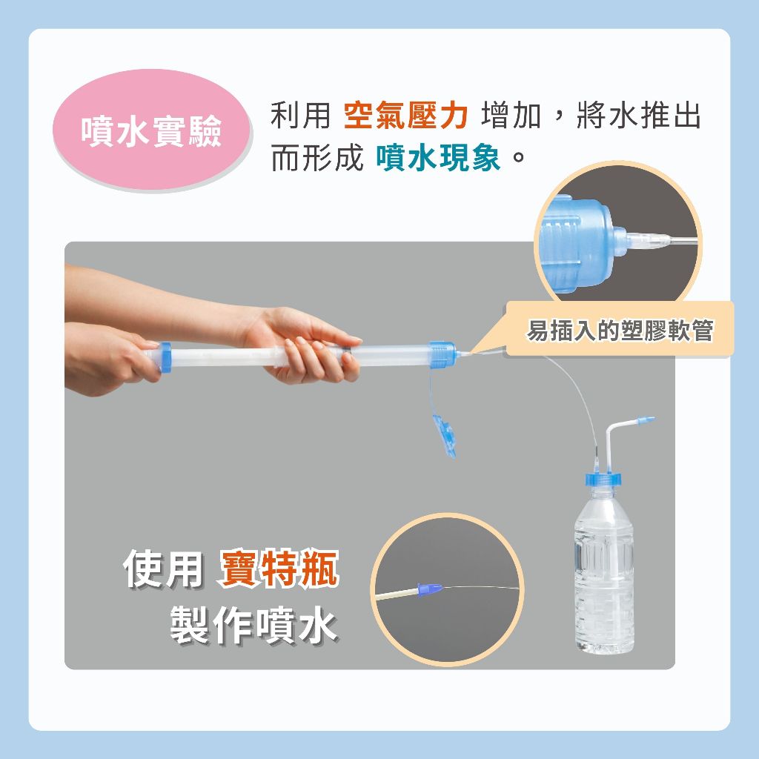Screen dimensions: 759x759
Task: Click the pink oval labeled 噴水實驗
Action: pos(152,130)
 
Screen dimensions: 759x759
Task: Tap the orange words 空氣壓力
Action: pos(405,116)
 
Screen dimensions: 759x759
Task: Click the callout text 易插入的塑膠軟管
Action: pos(620,331)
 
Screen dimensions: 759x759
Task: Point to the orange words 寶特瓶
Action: pos(279,569)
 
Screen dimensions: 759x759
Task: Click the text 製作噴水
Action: pos(253,624)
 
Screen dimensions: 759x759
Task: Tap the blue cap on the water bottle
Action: pos(603,479)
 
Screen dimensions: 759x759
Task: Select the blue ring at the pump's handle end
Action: pos(165,357)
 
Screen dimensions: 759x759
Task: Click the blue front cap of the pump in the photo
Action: pos(442,355)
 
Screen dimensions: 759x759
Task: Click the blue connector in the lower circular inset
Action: pos(430,589)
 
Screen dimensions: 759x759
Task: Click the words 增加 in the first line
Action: pos(511,116)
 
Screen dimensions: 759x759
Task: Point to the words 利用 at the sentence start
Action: pos(300,116)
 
